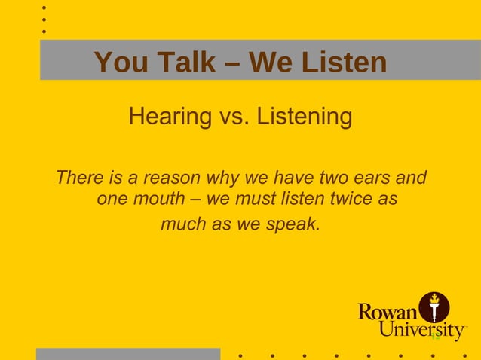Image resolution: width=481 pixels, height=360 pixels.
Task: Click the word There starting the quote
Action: coord(78,179)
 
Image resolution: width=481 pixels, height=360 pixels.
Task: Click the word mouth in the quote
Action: coord(160,201)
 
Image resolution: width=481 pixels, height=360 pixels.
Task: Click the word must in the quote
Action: coord(262,201)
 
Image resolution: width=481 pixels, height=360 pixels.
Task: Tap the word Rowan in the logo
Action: coord(388,311)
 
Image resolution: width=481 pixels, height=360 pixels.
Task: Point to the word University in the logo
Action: coord(422,330)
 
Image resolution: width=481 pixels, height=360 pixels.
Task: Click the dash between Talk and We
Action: coord(235,63)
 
